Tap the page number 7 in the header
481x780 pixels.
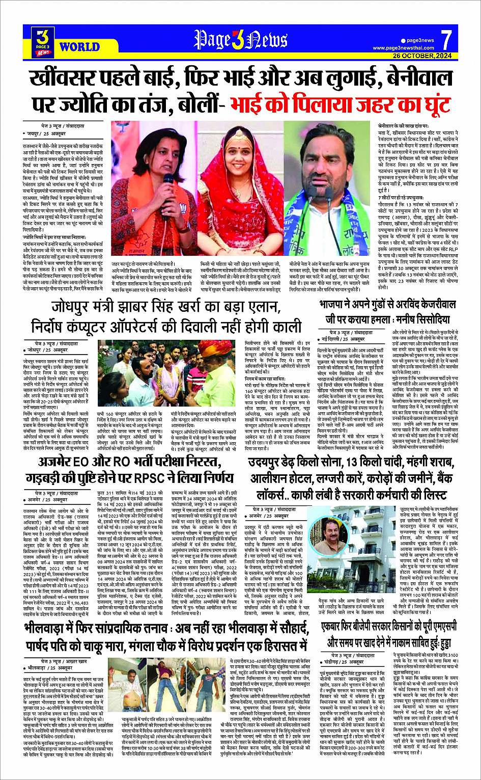click(x=446, y=39)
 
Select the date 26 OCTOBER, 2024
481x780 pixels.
click(x=422, y=56)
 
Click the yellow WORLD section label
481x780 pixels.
click(x=79, y=47)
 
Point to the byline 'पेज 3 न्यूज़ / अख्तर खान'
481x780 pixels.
click(x=63, y=661)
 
